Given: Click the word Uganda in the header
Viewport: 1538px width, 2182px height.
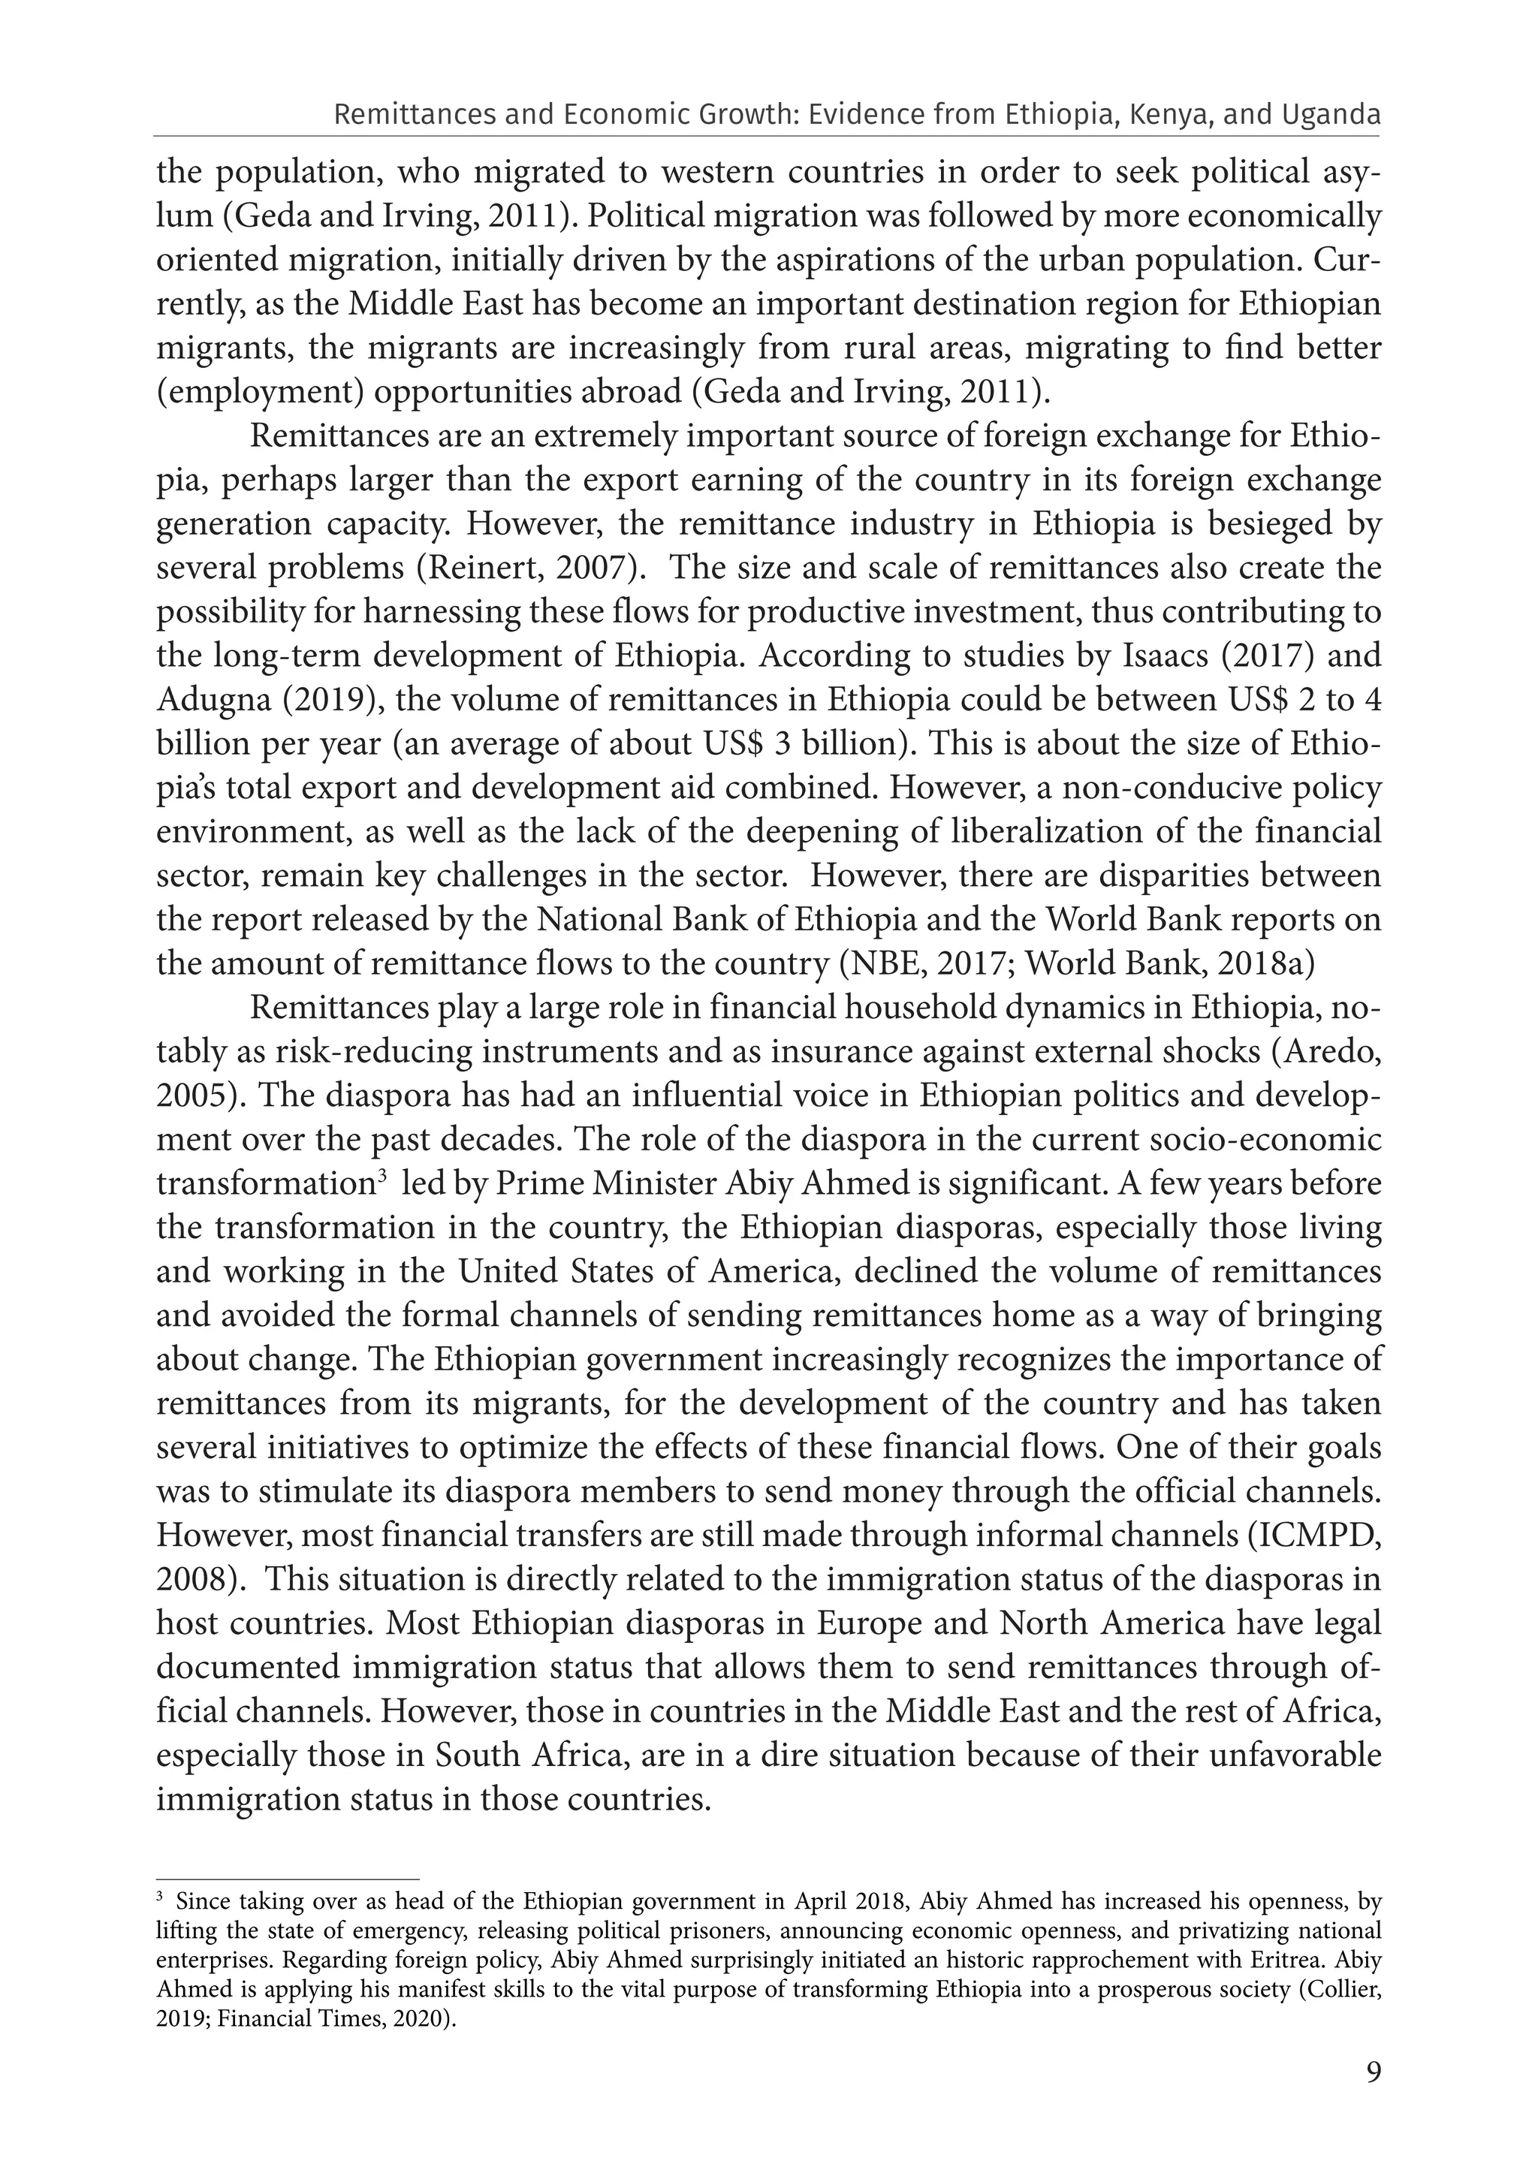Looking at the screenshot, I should (1331, 115).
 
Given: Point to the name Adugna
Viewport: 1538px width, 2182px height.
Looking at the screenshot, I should (215, 701).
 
